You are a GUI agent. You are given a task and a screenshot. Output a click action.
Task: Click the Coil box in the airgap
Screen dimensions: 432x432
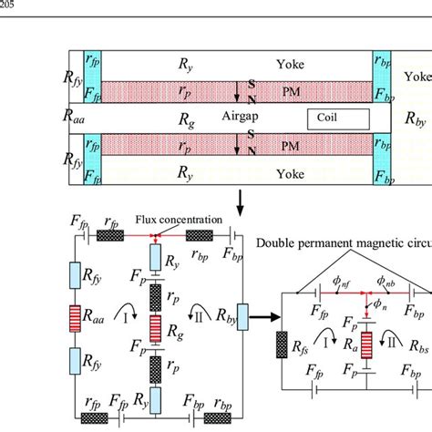click(336, 118)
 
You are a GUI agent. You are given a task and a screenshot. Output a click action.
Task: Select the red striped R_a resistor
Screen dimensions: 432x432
click(365, 347)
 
